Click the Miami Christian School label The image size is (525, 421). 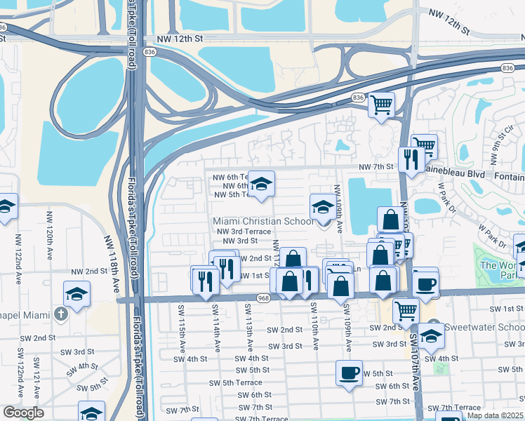264,221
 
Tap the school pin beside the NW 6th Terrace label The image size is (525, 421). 261,185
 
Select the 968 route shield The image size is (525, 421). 263,299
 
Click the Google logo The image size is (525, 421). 24,413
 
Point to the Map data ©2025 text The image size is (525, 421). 496,415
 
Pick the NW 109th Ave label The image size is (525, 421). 338,209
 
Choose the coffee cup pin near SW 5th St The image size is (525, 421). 349,373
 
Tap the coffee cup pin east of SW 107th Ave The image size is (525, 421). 425,282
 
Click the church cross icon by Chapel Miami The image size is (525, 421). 61,312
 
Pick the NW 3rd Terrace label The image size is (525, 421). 244,231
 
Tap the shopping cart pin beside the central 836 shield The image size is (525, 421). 381,105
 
